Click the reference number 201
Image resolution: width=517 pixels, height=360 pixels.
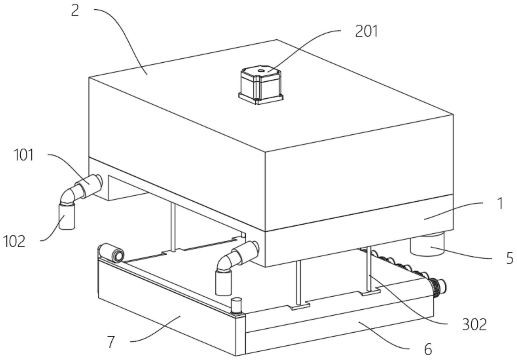point(366,32)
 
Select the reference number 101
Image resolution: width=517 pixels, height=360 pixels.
point(23,155)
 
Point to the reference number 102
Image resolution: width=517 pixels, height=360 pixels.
point(14,241)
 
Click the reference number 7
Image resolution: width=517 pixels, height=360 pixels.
point(111,342)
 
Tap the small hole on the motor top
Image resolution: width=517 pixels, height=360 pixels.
point(260,70)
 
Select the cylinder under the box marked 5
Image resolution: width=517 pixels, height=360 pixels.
point(427,244)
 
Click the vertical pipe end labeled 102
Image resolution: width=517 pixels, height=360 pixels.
point(67,217)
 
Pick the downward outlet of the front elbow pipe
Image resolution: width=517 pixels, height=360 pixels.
point(223,283)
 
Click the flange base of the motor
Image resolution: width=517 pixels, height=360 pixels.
point(261,98)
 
